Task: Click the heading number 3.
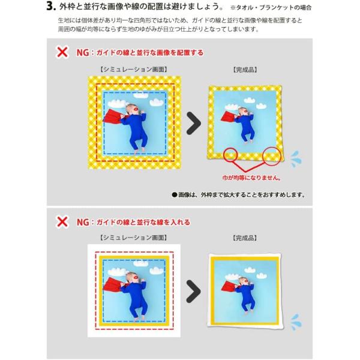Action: (x=51, y=8)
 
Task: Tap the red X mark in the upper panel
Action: (x=61, y=52)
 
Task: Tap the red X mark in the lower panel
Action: (x=61, y=221)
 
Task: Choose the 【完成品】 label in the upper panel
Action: (x=245, y=70)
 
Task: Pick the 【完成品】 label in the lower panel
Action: (x=245, y=238)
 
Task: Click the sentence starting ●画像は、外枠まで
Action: (x=238, y=194)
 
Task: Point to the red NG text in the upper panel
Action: (x=82, y=53)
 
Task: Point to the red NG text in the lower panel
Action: (x=82, y=222)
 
